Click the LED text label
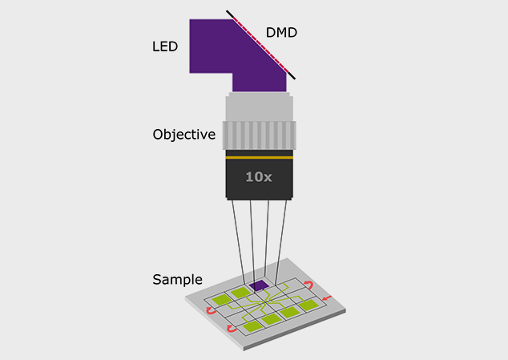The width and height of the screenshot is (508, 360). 165,47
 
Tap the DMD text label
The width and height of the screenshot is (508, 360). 281,32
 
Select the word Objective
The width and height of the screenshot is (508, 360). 184,134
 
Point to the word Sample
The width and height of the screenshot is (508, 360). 178,280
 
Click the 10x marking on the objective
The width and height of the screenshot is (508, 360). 259,176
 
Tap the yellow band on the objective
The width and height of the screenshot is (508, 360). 259,158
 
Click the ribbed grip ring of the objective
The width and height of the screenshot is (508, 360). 259,136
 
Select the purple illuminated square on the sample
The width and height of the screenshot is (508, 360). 259,285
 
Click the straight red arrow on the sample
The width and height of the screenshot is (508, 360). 327,297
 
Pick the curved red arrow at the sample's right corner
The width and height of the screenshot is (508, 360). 308,285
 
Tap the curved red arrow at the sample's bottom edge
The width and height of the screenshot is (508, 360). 232,329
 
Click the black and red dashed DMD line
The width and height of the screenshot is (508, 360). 260,45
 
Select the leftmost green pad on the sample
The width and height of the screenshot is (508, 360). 222,299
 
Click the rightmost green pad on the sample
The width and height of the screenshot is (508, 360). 308,305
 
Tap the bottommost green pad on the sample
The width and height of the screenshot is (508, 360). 252,326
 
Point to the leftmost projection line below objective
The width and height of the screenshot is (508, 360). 239,241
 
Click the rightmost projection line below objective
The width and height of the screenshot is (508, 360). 280,242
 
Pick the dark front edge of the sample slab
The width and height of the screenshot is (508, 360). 295,330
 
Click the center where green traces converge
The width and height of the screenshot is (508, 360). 266,302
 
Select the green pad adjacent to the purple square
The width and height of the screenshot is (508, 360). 240,292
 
